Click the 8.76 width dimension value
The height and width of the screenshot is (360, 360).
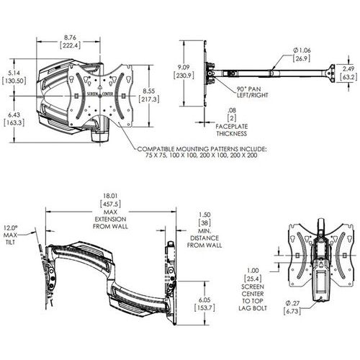70,37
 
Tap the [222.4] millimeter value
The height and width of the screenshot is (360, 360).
70,45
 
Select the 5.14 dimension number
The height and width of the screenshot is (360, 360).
14,73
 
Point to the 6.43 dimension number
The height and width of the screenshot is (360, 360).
14,115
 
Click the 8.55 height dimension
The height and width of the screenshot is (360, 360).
149,91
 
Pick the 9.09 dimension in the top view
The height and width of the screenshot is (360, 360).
184,68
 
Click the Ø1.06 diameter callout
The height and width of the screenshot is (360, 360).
302,50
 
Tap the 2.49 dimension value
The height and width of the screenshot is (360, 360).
348,68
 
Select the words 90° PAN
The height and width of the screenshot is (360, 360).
249,89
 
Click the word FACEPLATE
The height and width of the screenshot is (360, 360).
232,127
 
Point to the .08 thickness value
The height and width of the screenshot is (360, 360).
232,110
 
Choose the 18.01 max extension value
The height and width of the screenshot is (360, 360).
110,196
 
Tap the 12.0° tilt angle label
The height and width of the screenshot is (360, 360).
11,228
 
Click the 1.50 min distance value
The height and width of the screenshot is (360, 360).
204,215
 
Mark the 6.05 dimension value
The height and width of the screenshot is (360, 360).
204,300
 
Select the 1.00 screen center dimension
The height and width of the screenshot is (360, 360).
253,271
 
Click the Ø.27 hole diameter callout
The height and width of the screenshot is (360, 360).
292,303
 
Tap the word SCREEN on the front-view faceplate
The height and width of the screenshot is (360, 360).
92,94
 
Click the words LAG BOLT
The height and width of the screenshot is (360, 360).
253,308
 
